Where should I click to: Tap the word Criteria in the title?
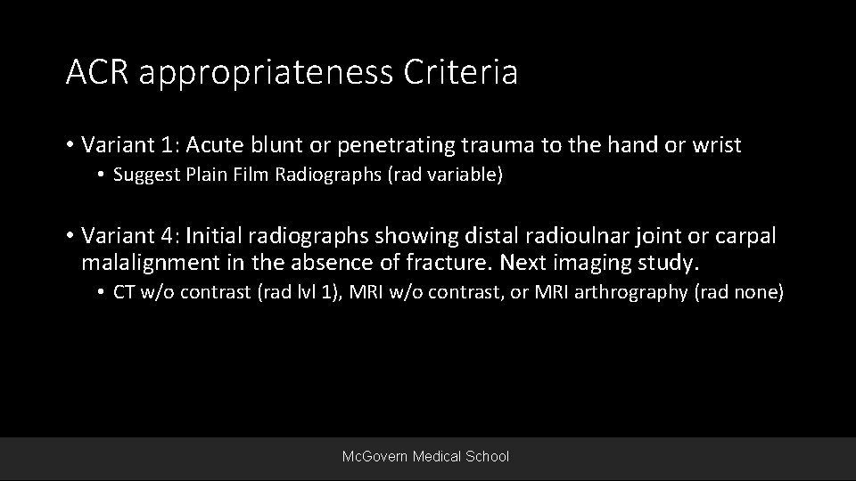[470, 72]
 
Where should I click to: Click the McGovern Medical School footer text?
[426, 456]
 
